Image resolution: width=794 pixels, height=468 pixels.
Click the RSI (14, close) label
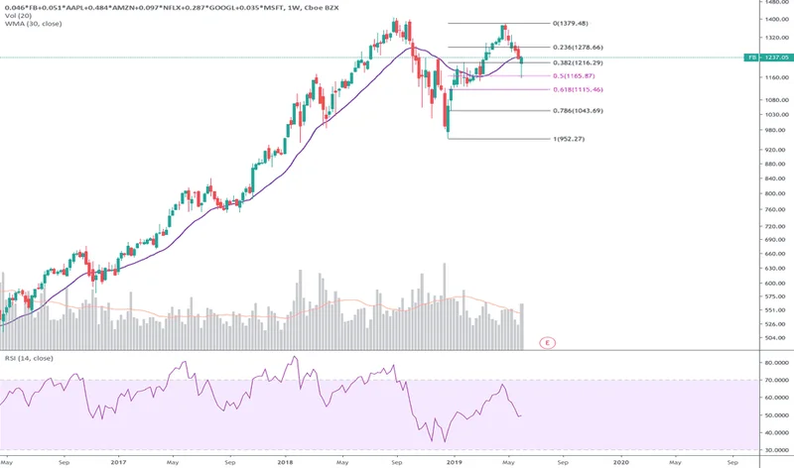tap(27, 357)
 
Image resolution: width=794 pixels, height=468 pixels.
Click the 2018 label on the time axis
tap(287, 461)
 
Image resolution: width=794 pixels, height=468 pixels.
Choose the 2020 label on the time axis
tap(620, 461)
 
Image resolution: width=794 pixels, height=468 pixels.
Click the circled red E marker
tap(547, 342)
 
